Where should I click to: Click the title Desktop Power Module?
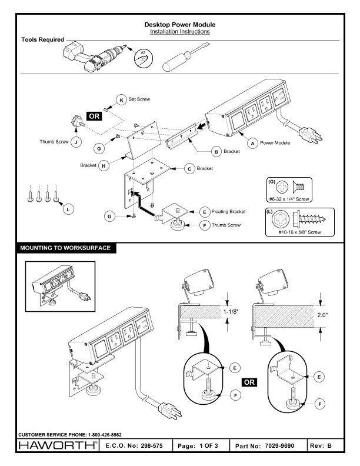pyautogui.click(x=180, y=25)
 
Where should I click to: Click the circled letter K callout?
pyautogui.click(x=121, y=99)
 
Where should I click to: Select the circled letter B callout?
pyautogui.click(x=216, y=151)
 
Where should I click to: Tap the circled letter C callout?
pyautogui.click(x=189, y=169)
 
